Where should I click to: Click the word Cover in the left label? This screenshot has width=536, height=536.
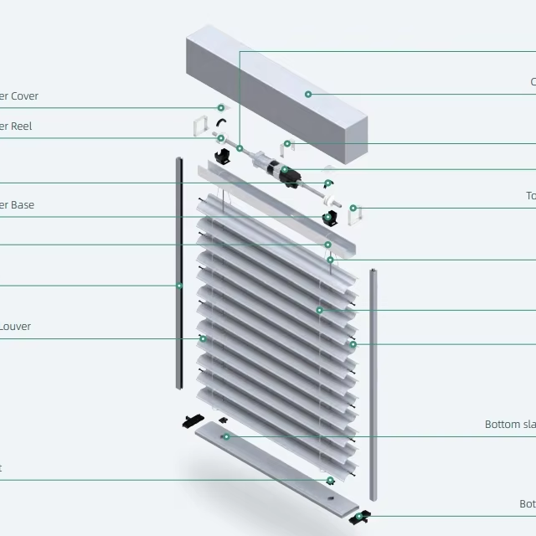click(x=24, y=96)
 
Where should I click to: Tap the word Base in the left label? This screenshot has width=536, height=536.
click(x=21, y=205)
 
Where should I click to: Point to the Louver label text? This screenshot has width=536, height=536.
click(x=15, y=327)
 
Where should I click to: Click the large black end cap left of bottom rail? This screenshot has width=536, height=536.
click(x=193, y=420)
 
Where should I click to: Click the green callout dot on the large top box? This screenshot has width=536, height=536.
click(x=308, y=95)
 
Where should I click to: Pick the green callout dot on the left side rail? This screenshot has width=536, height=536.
click(x=179, y=286)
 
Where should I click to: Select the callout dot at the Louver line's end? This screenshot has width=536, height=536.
click(x=203, y=339)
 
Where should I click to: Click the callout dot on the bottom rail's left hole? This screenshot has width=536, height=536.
click(x=225, y=436)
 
